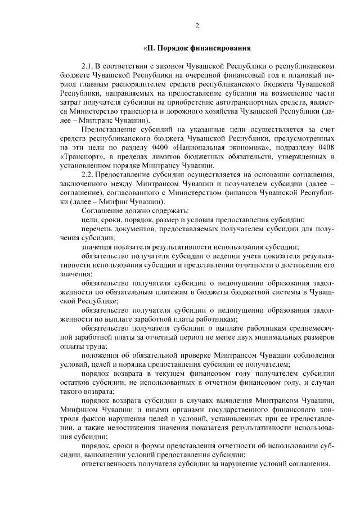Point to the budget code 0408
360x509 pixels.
(326, 149)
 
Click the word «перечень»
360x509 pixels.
(97, 229)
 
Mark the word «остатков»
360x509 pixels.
(76, 382)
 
